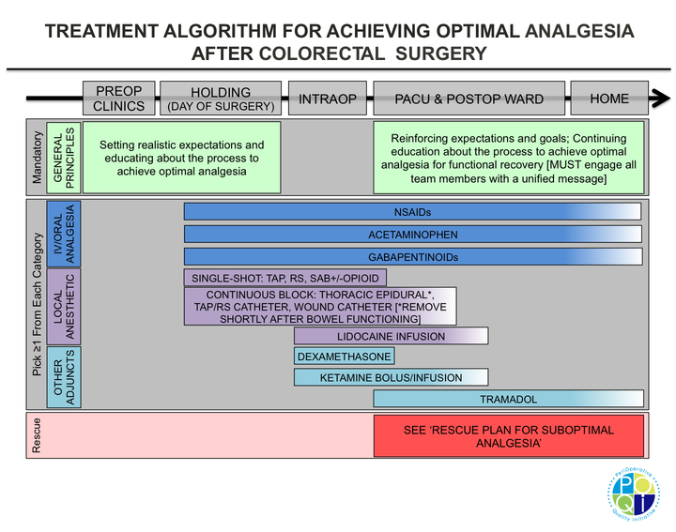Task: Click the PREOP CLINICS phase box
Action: point(119,99)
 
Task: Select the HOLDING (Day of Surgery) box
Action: point(221,99)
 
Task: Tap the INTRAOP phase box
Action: point(328,99)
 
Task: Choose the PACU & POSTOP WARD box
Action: point(469,99)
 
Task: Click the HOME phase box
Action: point(609,99)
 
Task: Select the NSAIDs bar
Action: point(413,211)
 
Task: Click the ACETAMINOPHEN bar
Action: point(413,234)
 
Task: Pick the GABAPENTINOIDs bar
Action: point(413,256)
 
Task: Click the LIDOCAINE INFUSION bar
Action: point(391,336)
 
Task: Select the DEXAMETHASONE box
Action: point(344,357)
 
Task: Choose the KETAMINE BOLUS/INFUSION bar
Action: point(391,377)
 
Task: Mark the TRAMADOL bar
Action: point(508,399)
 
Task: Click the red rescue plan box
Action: point(508,436)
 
